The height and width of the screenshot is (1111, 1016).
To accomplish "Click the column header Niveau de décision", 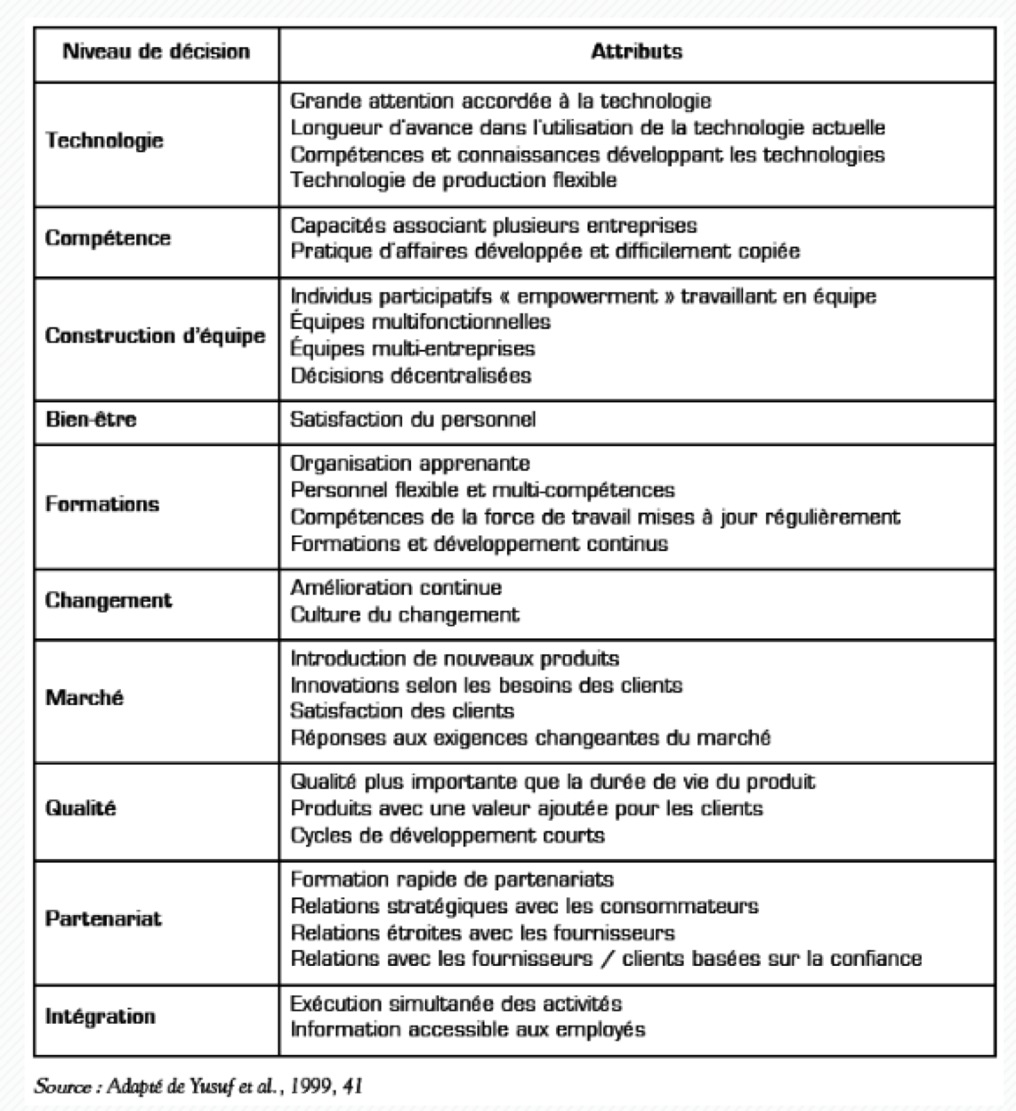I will tap(156, 52).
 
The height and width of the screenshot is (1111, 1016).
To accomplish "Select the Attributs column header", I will tap(636, 52).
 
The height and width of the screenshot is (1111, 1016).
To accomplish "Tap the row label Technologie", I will tap(105, 141).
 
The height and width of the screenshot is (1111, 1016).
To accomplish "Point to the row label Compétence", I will tap(108, 238).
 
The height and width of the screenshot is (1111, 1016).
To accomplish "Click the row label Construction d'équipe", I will tap(156, 336).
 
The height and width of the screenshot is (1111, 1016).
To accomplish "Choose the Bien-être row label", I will tap(91, 418).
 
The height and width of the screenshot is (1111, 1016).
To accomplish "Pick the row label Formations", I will tap(102, 503).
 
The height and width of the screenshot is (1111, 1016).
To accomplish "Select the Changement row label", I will tap(109, 600).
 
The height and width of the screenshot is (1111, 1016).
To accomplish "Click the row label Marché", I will tap(85, 697).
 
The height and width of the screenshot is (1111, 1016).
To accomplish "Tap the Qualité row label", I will tap(81, 808).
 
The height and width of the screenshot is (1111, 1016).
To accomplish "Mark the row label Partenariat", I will tap(103, 918).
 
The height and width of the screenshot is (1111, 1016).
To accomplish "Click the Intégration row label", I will tap(100, 1016).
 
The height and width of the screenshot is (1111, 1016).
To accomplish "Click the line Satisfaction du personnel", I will tap(413, 418).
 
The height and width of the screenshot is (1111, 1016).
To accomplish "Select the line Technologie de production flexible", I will tap(454, 180).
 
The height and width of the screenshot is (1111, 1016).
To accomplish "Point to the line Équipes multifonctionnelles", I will tap(421, 321).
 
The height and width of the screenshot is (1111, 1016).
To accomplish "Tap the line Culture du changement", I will tap(405, 614).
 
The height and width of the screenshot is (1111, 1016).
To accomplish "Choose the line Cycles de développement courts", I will tap(448, 835).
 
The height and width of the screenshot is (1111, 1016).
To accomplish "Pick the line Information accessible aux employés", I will tap(468, 1030).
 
